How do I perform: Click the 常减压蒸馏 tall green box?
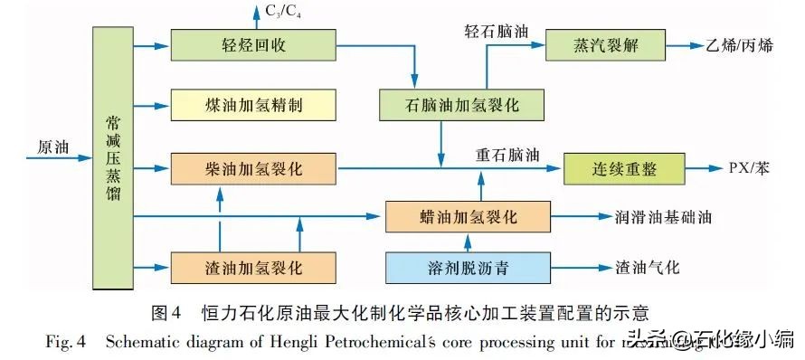tap(113, 157)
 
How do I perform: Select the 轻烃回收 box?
tap(252, 45)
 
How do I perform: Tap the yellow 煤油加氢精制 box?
tap(252, 105)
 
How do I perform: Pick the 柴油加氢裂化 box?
tap(252, 167)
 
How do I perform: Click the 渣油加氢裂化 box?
tap(252, 268)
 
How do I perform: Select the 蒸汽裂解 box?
tap(605, 44)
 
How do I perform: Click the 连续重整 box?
tap(624, 167)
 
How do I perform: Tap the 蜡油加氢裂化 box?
tap(467, 217)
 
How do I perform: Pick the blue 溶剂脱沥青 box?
tap(467, 268)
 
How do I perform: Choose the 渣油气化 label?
tap(648, 268)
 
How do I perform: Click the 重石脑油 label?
tap(508, 154)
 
